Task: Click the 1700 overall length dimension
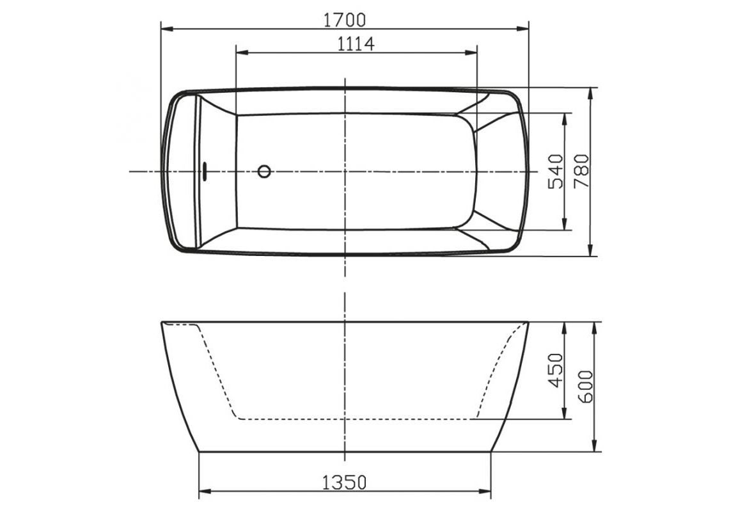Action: click(345, 20)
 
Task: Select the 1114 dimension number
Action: click(356, 44)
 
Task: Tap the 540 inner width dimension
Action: click(555, 172)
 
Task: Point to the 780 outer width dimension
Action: click(581, 172)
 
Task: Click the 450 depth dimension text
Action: click(555, 370)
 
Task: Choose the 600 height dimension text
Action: click(585, 387)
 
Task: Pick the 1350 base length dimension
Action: click(345, 481)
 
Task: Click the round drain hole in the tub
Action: click(264, 172)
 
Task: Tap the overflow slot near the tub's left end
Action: click(205, 172)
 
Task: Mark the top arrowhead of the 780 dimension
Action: click(592, 92)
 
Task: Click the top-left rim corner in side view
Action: click(161, 323)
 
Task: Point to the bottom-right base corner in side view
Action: click(491, 452)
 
